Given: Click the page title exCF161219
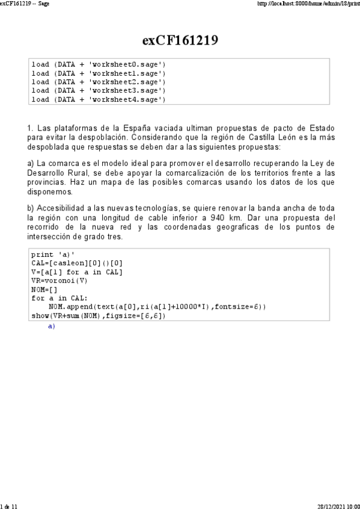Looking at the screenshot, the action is point(180,40).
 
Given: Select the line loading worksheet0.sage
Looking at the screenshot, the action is point(99,64).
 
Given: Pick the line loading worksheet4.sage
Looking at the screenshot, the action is point(99,99).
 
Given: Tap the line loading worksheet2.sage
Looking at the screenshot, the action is point(99,82).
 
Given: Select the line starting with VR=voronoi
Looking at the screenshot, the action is point(59,280).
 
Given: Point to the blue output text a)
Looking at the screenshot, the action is point(51,326).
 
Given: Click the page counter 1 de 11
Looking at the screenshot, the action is point(10,506).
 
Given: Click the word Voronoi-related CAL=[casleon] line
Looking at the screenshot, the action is point(77,263).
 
